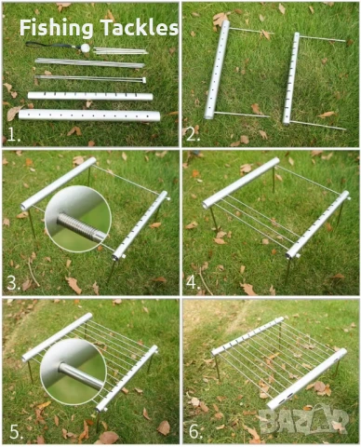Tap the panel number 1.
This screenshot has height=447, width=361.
tap(13, 135)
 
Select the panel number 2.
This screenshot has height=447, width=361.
tap(193, 135)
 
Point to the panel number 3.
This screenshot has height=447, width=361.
tap(13, 283)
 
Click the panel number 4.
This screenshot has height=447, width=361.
tap(193, 283)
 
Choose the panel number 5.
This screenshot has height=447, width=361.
tap(16, 432)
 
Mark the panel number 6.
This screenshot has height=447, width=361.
tap(195, 432)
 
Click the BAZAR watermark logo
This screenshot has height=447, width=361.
tap(303, 420)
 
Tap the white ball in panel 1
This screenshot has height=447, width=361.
tap(85, 47)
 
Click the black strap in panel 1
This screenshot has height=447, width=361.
tap(49, 46)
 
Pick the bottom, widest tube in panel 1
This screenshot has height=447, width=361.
tap(89, 115)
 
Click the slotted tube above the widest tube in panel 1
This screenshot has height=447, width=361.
tap(90, 96)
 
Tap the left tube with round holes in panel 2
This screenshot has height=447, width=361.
tap(217, 70)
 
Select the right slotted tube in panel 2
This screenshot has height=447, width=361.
tap(291, 78)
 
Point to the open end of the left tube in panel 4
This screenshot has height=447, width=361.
tap(206, 205)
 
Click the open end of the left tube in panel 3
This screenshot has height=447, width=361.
tap(24, 207)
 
